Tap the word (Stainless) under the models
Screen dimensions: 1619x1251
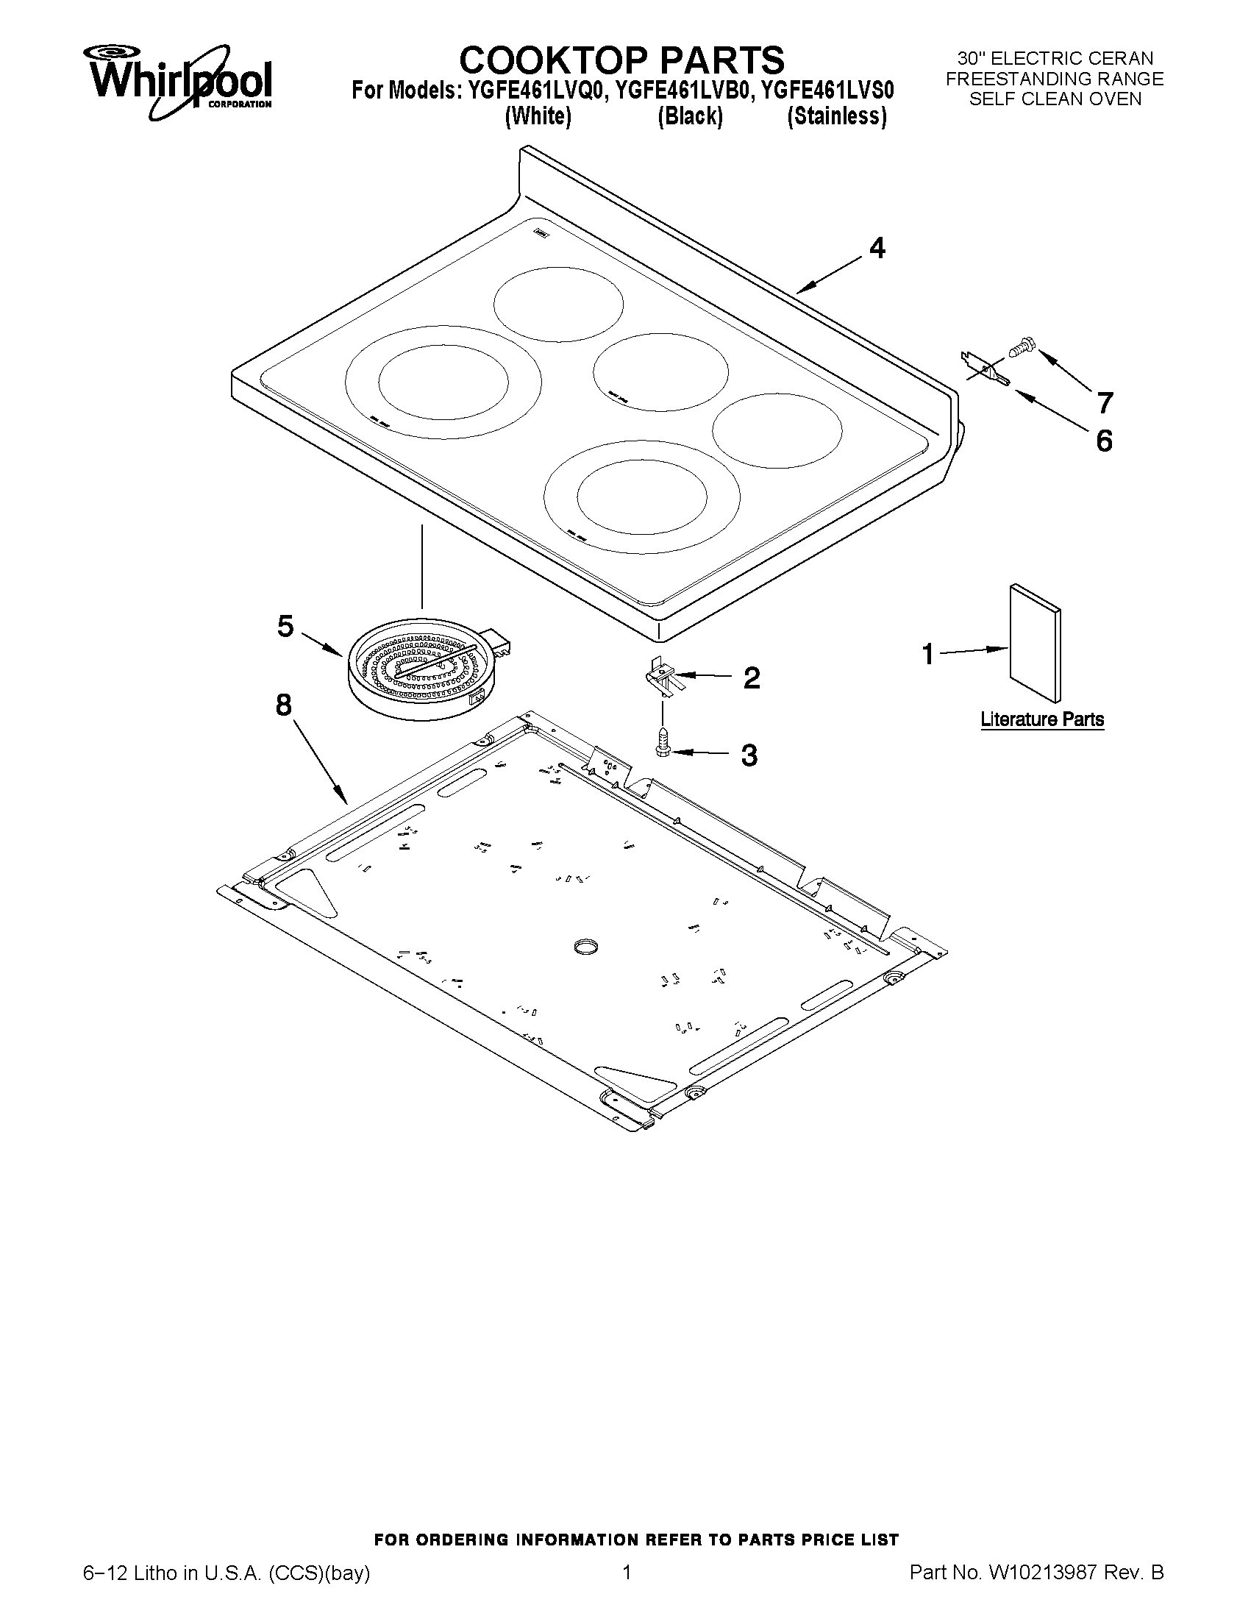click(x=837, y=117)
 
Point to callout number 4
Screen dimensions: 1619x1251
click(x=877, y=249)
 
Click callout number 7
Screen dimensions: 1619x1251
click(x=1105, y=403)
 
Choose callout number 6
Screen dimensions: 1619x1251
click(x=1103, y=441)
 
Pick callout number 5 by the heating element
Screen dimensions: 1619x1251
click(x=285, y=627)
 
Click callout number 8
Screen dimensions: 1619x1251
click(x=284, y=705)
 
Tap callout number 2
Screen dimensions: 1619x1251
click(x=752, y=677)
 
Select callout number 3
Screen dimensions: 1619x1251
click(x=749, y=755)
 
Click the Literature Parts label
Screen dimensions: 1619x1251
click(x=1042, y=719)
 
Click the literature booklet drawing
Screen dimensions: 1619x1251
click(x=1035, y=642)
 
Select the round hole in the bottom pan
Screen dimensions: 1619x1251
click(x=585, y=946)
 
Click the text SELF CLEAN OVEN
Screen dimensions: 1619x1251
click(x=1055, y=99)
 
